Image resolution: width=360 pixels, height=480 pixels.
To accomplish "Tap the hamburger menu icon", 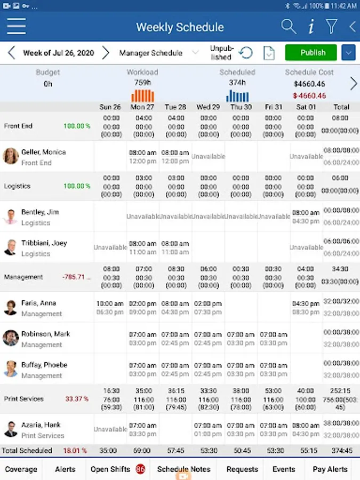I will (x=17, y=26).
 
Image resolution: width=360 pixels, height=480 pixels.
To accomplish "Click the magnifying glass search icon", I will (x=289, y=26).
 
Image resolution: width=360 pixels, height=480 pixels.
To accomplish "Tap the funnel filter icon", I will (x=332, y=26).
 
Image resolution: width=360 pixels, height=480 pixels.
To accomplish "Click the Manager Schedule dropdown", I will (x=158, y=53).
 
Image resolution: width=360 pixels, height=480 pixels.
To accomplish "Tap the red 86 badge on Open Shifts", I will (x=140, y=469).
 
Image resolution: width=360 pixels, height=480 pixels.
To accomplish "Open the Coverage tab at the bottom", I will (x=21, y=469).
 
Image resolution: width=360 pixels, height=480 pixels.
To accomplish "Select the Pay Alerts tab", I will (x=330, y=469).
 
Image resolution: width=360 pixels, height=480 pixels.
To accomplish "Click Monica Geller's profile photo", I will (x=11, y=156).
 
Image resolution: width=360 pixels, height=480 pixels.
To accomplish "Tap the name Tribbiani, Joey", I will (x=44, y=243).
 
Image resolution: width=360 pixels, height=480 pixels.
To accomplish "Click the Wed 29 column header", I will (x=208, y=107).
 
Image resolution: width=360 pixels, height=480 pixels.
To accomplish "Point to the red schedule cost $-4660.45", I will (x=309, y=95).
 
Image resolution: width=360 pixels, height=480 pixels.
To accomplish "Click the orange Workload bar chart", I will (x=142, y=95).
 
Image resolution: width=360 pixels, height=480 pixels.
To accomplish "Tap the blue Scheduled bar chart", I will (x=237, y=95).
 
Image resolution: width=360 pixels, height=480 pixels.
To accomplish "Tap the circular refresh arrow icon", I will (x=246, y=53).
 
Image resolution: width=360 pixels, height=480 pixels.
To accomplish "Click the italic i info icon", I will (x=311, y=26).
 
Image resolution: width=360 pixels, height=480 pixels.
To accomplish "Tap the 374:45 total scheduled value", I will (x=341, y=451).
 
